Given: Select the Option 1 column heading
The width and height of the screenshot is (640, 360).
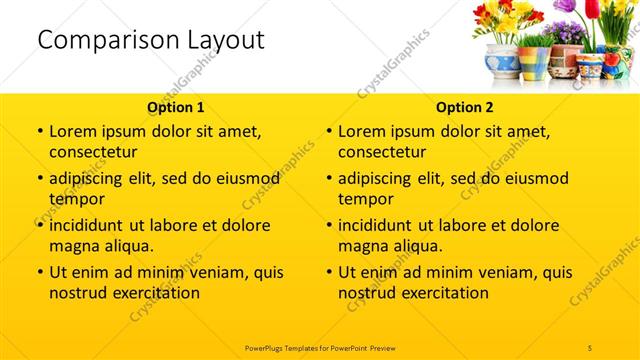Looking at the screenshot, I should point(176,106).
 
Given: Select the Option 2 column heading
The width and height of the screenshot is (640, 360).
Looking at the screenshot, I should point(466,106).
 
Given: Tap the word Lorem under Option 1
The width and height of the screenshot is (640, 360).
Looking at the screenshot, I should point(74,131).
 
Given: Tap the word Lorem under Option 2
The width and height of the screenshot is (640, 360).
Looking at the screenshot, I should point(363,131).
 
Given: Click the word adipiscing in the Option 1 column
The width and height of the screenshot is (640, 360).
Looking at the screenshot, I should point(95,178).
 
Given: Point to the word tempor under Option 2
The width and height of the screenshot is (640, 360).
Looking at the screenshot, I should point(367,198).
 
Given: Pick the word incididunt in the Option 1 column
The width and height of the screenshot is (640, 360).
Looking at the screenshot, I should point(95,224).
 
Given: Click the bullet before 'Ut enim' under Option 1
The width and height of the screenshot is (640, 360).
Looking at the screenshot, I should point(39,272).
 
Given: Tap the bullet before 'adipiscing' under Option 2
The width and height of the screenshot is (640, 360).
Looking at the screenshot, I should point(329,179).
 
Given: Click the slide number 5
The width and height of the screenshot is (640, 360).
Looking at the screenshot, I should point(590,346).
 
